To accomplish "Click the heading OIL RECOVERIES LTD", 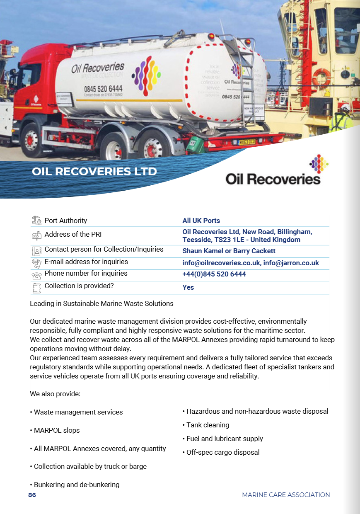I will tap(94, 171).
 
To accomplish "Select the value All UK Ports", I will tap(201, 221).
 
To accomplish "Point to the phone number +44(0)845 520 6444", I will tap(214, 274).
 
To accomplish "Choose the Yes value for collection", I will tap(188, 287).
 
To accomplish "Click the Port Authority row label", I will tap(66, 221).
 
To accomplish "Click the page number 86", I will tap(32, 495).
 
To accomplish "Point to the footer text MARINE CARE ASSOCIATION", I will tap(286, 495).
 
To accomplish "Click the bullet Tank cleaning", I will tap(208, 425).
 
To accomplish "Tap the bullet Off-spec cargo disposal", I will tap(223, 452).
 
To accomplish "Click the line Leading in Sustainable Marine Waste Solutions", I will tap(101, 303).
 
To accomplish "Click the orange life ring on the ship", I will tap(321, 78).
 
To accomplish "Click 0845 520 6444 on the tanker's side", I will tap(103, 89).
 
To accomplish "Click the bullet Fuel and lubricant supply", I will tap(225, 439).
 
